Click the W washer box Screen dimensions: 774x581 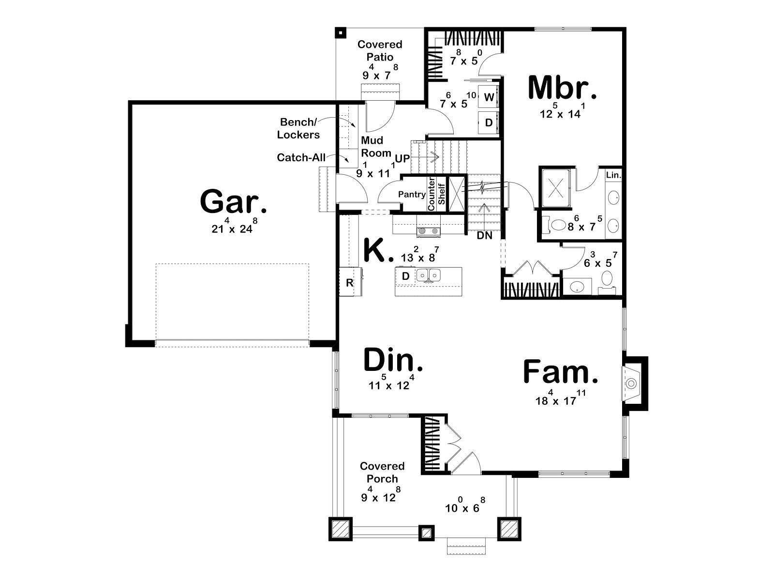click(489, 97)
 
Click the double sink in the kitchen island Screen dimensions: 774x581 click(428, 275)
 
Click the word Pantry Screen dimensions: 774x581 click(412, 194)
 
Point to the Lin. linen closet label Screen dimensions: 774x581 click(613, 175)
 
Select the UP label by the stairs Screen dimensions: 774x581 click(402, 159)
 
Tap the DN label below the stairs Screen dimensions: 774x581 click(485, 236)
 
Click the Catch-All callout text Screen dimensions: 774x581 click(301, 157)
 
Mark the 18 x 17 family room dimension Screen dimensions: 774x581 click(561, 398)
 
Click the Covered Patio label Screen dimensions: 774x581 click(380, 50)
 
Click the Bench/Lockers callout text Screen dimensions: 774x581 click(298, 128)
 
